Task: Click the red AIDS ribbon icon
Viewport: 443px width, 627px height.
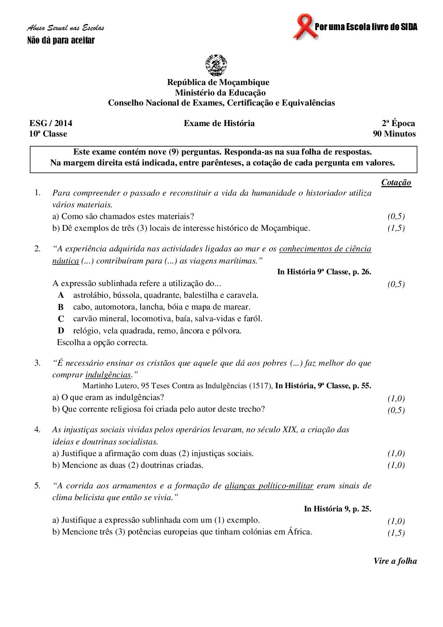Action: click(304, 27)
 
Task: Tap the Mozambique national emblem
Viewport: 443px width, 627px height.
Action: click(216, 65)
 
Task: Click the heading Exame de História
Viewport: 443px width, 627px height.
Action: click(219, 123)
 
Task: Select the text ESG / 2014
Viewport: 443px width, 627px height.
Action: click(51, 123)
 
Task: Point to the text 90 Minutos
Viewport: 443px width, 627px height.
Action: click(394, 134)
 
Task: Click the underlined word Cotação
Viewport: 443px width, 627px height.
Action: click(396, 183)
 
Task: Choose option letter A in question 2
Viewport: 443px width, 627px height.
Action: click(61, 295)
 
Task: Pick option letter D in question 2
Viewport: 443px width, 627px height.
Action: click(61, 331)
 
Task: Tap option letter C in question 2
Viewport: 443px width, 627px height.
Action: click(61, 319)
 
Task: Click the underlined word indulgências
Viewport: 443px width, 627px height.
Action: click(108, 375)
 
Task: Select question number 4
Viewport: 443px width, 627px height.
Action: click(38, 429)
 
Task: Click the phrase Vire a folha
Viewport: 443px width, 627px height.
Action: click(395, 561)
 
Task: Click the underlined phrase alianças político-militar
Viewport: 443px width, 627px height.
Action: click(269, 486)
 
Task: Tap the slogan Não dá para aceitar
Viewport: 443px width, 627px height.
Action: click(61, 41)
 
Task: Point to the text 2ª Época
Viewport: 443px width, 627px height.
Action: click(398, 123)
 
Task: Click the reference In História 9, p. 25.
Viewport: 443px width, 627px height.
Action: click(337, 509)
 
